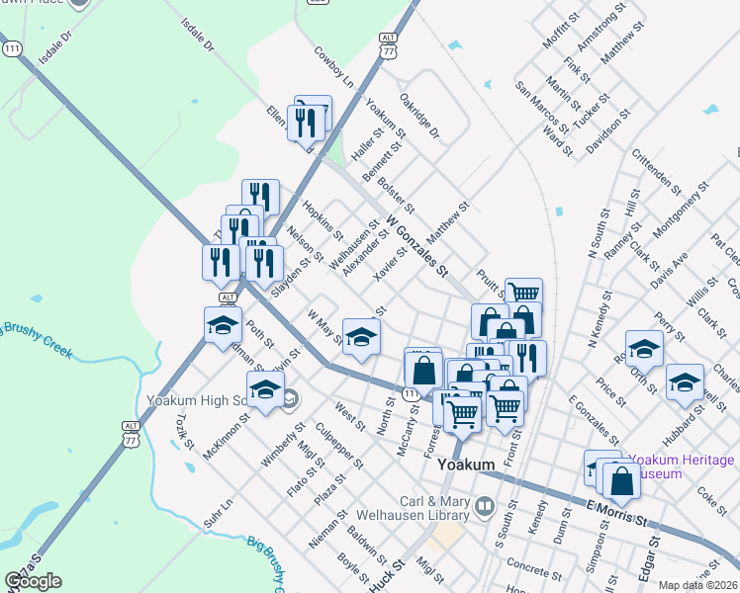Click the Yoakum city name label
(468, 465)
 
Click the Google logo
(33, 581)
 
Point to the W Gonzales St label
(417, 245)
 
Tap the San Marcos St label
(541, 107)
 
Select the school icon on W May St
(361, 337)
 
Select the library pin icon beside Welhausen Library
(485, 507)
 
